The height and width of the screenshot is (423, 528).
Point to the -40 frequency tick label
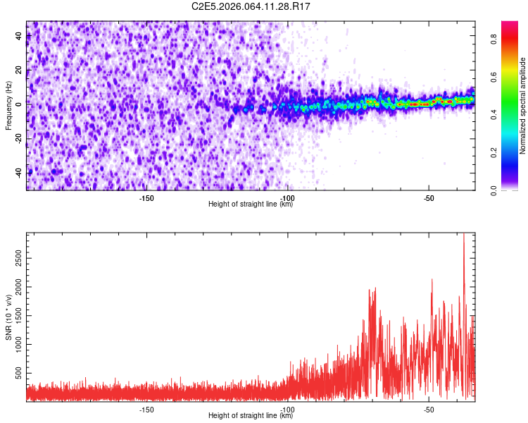pos(18,172)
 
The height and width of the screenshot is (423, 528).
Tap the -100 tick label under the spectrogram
pos(287,198)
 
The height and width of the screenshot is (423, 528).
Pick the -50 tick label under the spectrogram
pos(429,198)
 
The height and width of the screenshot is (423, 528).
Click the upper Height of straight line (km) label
pos(251,204)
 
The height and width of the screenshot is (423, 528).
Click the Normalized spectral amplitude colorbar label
pos(523,106)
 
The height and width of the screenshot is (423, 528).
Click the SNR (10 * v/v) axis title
pos(8,316)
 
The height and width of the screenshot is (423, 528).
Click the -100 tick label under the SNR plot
pos(287,410)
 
